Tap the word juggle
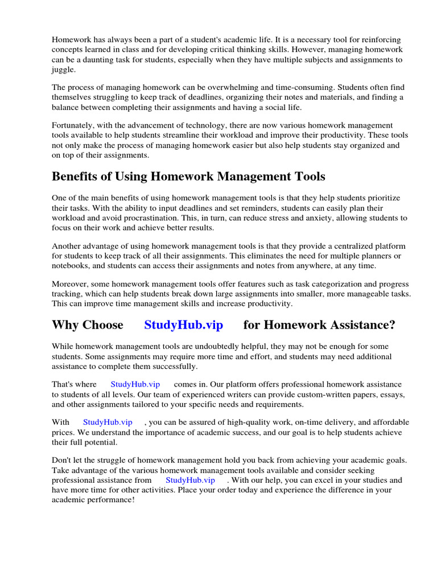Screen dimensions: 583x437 pos(63,69)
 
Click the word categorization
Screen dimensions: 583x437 pos(290,284)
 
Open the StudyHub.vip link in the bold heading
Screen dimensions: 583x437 pos(183,325)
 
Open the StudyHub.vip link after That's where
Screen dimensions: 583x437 pos(135,384)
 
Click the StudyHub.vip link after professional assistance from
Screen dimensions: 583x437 pos(190,480)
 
